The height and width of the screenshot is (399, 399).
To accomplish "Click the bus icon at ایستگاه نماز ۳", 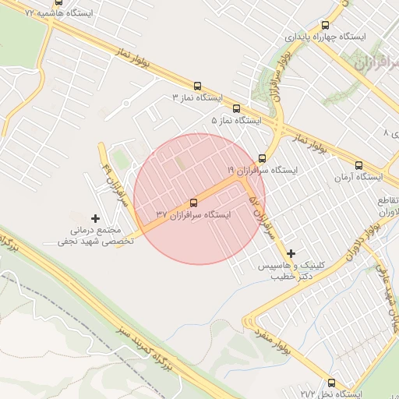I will click(197, 87).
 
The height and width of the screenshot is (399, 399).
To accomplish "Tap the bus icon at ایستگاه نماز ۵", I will click(237, 109).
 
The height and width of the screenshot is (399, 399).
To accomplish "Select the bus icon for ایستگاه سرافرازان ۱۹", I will click(262, 158).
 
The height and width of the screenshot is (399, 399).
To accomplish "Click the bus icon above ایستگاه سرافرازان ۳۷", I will click(194, 203).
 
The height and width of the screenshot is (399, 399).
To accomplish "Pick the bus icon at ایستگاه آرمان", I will click(358, 165).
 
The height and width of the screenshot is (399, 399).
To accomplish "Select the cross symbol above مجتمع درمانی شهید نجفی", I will click(96, 218).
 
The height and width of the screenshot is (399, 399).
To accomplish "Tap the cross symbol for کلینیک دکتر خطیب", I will click(291, 253).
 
